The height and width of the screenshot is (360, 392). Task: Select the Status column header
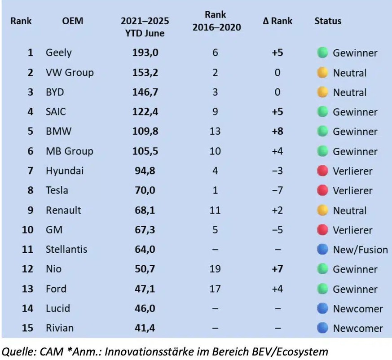tap(328, 21)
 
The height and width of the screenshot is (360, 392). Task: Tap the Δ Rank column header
tap(277, 21)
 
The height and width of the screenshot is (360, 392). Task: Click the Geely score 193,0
tap(145, 53)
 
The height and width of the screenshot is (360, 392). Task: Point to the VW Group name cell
tap(70, 73)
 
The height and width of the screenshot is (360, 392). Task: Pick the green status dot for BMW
tap(322, 132)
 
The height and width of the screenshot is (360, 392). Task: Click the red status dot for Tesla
tap(322, 190)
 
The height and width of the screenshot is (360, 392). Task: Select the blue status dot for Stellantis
tap(322, 249)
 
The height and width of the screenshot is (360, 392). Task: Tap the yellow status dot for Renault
tap(322, 210)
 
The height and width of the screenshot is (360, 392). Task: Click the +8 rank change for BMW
tap(277, 132)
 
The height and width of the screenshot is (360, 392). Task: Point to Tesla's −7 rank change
tap(277, 190)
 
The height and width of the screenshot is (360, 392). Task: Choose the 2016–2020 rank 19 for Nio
tap(215, 269)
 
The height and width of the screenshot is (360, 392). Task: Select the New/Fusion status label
tap(360, 250)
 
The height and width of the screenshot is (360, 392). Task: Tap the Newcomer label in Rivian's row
tap(358, 328)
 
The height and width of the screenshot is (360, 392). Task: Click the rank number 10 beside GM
tap(28, 230)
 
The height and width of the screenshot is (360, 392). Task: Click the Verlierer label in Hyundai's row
tap(352, 171)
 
